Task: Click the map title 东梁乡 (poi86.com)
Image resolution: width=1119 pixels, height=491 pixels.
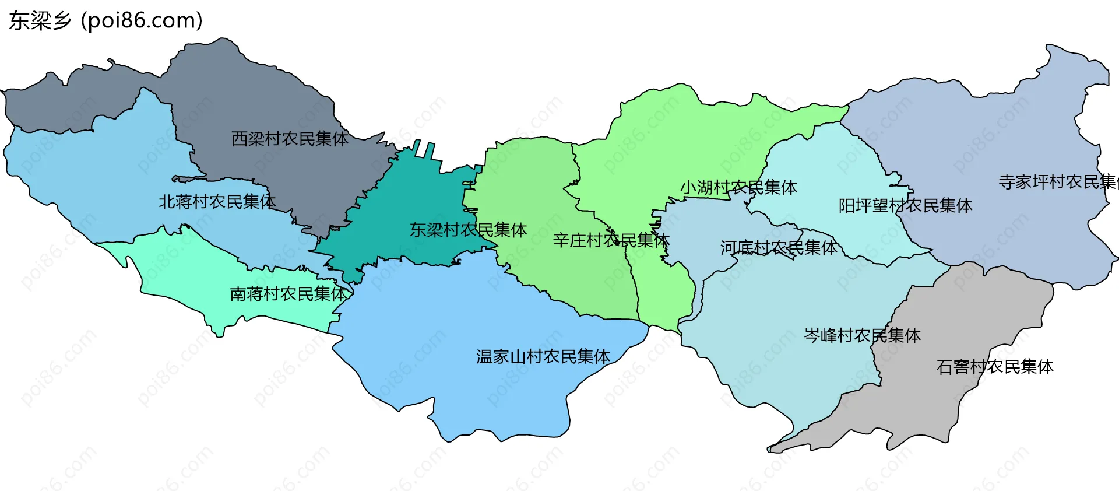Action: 105,20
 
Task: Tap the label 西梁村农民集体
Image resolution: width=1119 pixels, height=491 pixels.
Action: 290,139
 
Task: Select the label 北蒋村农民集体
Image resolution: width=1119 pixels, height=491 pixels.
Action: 217,202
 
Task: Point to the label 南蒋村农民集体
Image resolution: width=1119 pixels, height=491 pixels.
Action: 288,294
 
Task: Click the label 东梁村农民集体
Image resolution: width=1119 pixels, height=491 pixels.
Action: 468,230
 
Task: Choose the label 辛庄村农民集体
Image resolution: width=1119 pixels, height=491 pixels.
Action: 611,240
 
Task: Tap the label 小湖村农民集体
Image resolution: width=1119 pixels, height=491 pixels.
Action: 738,188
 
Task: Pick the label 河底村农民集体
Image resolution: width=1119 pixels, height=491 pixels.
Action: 779,248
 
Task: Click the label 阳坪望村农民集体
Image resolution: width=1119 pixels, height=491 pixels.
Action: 905,206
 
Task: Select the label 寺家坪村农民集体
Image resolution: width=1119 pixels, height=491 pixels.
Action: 1057,182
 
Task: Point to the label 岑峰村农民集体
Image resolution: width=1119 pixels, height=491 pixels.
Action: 862,336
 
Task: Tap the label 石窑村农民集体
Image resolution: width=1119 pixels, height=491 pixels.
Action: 994,367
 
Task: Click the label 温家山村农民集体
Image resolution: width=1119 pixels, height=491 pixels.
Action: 543,356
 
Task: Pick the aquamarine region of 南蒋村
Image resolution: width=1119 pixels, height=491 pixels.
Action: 175,268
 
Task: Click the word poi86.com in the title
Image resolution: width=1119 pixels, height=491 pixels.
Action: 142,20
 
